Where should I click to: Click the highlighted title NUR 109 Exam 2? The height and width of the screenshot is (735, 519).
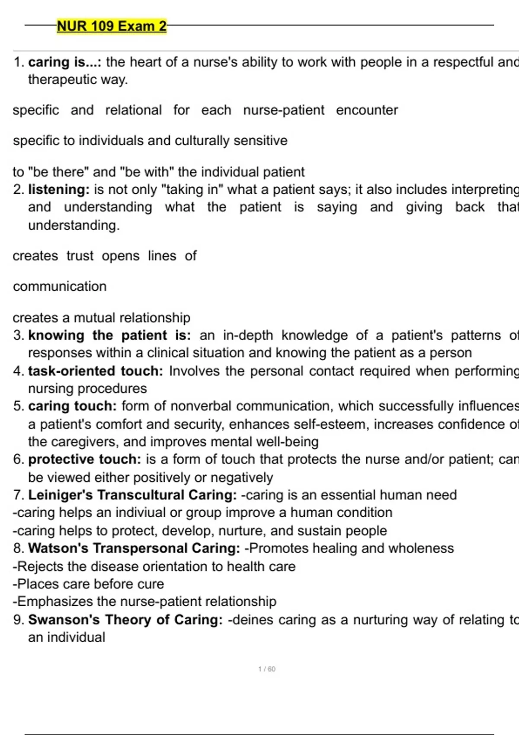[x=112, y=26]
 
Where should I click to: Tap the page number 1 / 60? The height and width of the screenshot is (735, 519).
[x=266, y=669]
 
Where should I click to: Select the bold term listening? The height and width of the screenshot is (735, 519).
[x=59, y=189]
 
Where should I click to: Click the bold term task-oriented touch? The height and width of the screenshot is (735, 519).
[x=96, y=371]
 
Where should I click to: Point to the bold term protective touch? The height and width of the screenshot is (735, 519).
[x=85, y=459]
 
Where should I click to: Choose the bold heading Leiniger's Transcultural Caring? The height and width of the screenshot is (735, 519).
[x=132, y=495]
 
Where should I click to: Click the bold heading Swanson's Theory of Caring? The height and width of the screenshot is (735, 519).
[x=125, y=620]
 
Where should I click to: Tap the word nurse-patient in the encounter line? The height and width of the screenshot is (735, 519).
[x=284, y=110]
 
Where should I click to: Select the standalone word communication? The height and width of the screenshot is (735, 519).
[x=60, y=286]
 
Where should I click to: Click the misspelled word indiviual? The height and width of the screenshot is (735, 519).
[x=143, y=512]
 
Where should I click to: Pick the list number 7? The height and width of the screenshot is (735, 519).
[x=18, y=495]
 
